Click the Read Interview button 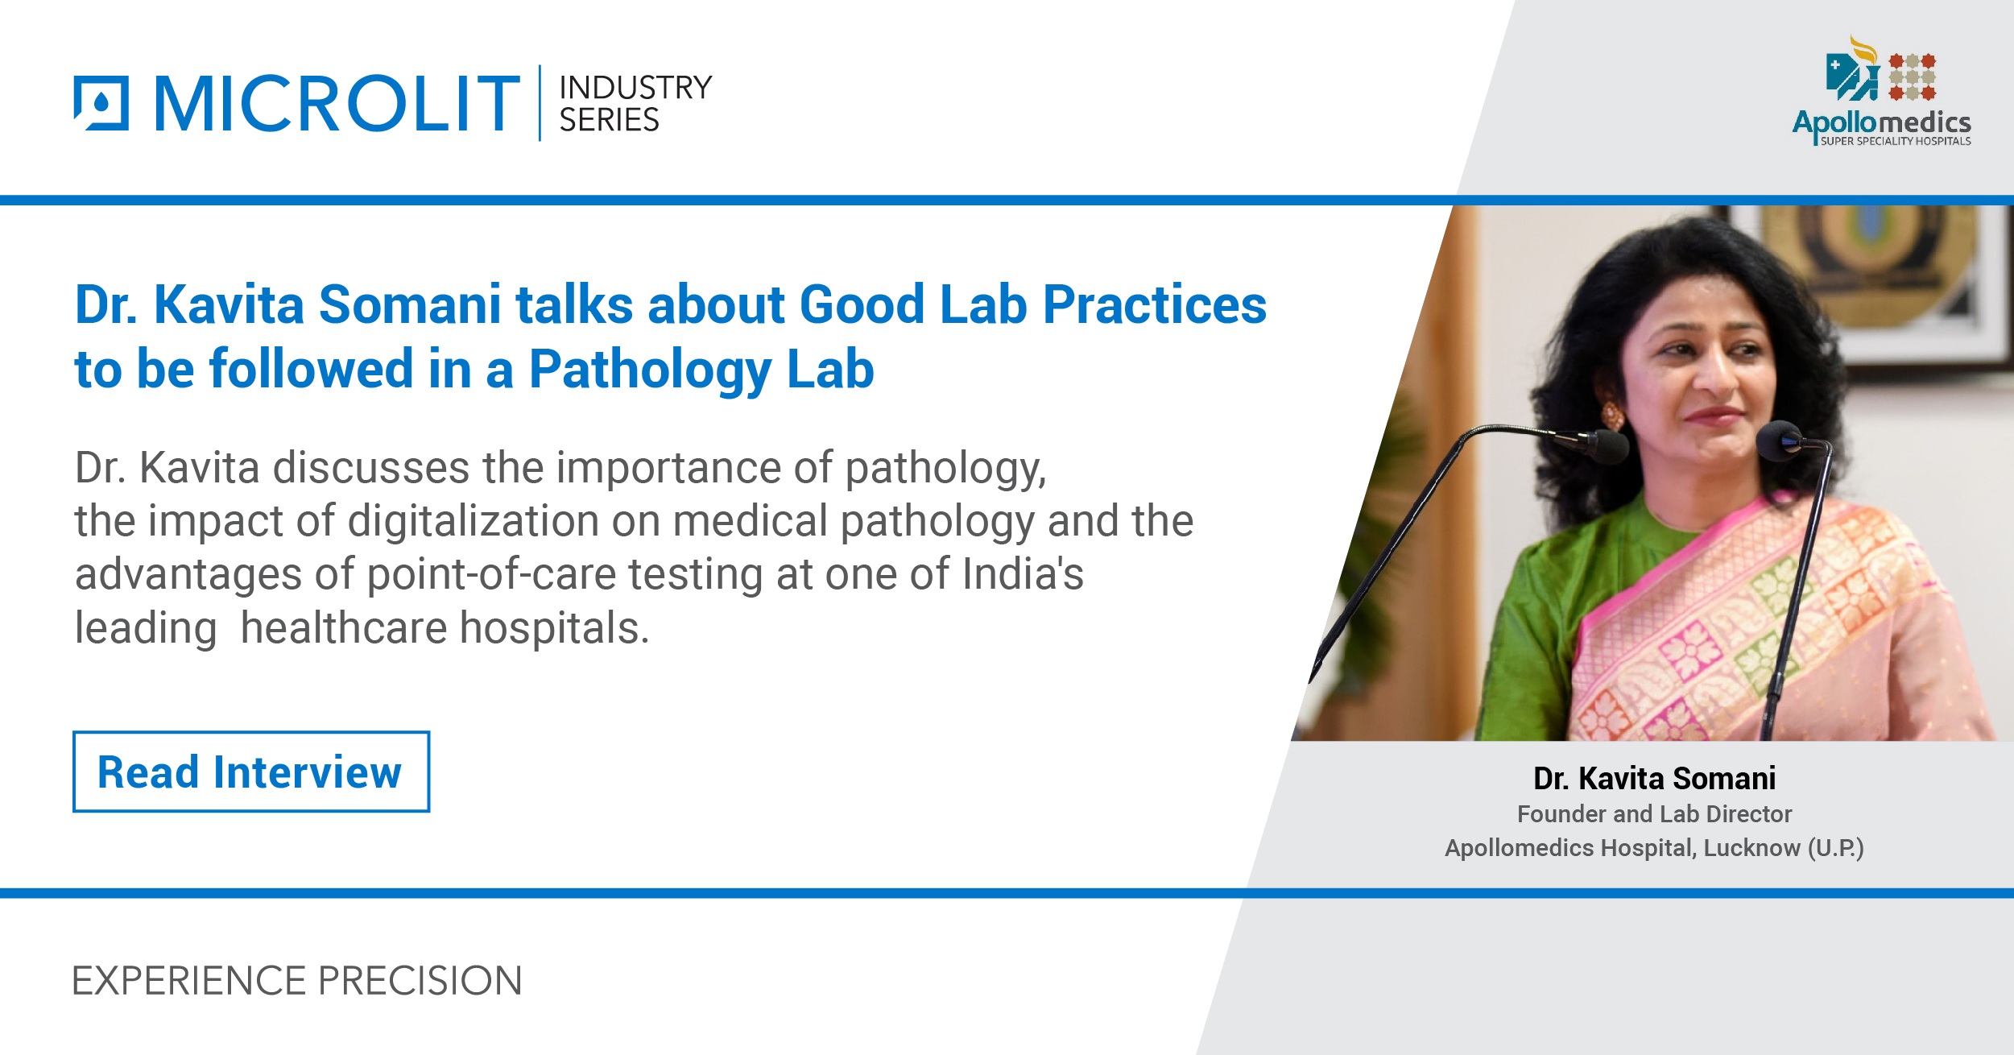click(x=250, y=772)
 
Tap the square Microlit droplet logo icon click(x=101, y=103)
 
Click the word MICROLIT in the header click(x=337, y=103)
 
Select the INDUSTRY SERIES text click(x=635, y=104)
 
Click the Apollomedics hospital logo click(x=1881, y=93)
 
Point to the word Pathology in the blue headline click(x=649, y=369)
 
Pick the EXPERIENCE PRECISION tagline click(x=297, y=981)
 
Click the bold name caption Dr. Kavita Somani click(x=1654, y=778)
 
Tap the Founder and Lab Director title click(x=1654, y=814)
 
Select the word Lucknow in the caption click(x=1751, y=848)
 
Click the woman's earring click(x=1611, y=416)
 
